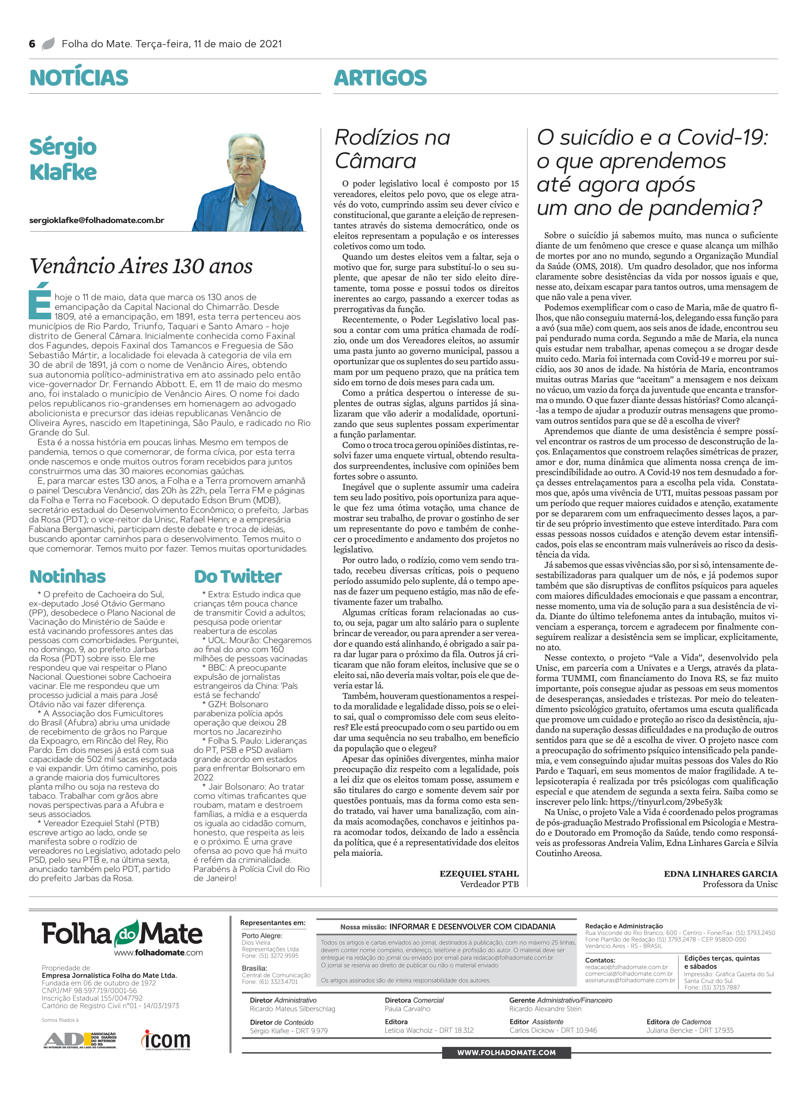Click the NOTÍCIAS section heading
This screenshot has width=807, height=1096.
tap(79, 78)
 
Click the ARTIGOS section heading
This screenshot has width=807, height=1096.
tap(380, 78)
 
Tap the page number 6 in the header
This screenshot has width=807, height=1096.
tap(32, 44)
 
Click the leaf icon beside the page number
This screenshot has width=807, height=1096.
tap(48, 44)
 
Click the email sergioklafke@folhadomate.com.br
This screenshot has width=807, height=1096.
tap(97, 220)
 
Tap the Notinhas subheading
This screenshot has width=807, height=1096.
tap(67, 577)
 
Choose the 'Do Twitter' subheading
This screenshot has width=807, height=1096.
tap(238, 577)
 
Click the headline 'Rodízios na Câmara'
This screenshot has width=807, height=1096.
tap(392, 149)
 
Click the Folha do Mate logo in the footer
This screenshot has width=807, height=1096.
tap(122, 934)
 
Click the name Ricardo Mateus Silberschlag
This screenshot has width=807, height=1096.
tap(292, 1008)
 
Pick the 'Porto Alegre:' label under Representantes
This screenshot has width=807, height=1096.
tap(262, 935)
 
